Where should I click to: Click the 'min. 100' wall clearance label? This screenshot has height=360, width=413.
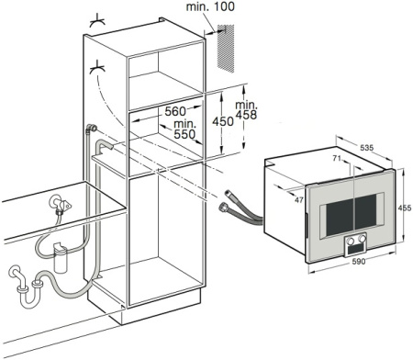pos(210,6)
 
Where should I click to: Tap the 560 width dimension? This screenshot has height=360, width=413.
pos(175,111)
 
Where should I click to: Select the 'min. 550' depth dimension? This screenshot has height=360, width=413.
pos(184,129)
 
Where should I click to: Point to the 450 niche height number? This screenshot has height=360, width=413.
pos(223,121)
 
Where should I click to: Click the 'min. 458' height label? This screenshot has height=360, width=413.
pos(246,110)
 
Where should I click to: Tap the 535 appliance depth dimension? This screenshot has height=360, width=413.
pos(366,148)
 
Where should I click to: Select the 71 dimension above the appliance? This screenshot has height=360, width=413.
pos(337,158)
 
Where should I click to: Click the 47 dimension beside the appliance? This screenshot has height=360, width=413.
pos(299,200)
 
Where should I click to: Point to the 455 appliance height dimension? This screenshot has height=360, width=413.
pos(405,208)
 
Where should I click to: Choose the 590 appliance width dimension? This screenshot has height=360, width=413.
pos(359,262)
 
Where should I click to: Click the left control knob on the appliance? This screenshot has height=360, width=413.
pos(351,241)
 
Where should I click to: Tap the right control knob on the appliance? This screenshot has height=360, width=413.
pos(362,238)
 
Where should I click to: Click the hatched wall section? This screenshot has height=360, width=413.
pos(226,49)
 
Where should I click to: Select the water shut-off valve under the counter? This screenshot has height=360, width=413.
pos(61,203)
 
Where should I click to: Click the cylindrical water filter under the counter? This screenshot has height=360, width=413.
pos(60,256)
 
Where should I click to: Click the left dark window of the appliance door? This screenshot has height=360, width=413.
pos(340,219)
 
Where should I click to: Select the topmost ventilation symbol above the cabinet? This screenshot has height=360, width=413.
pos(97,19)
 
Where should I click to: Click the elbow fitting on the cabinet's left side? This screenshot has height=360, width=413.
pos(91,129)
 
